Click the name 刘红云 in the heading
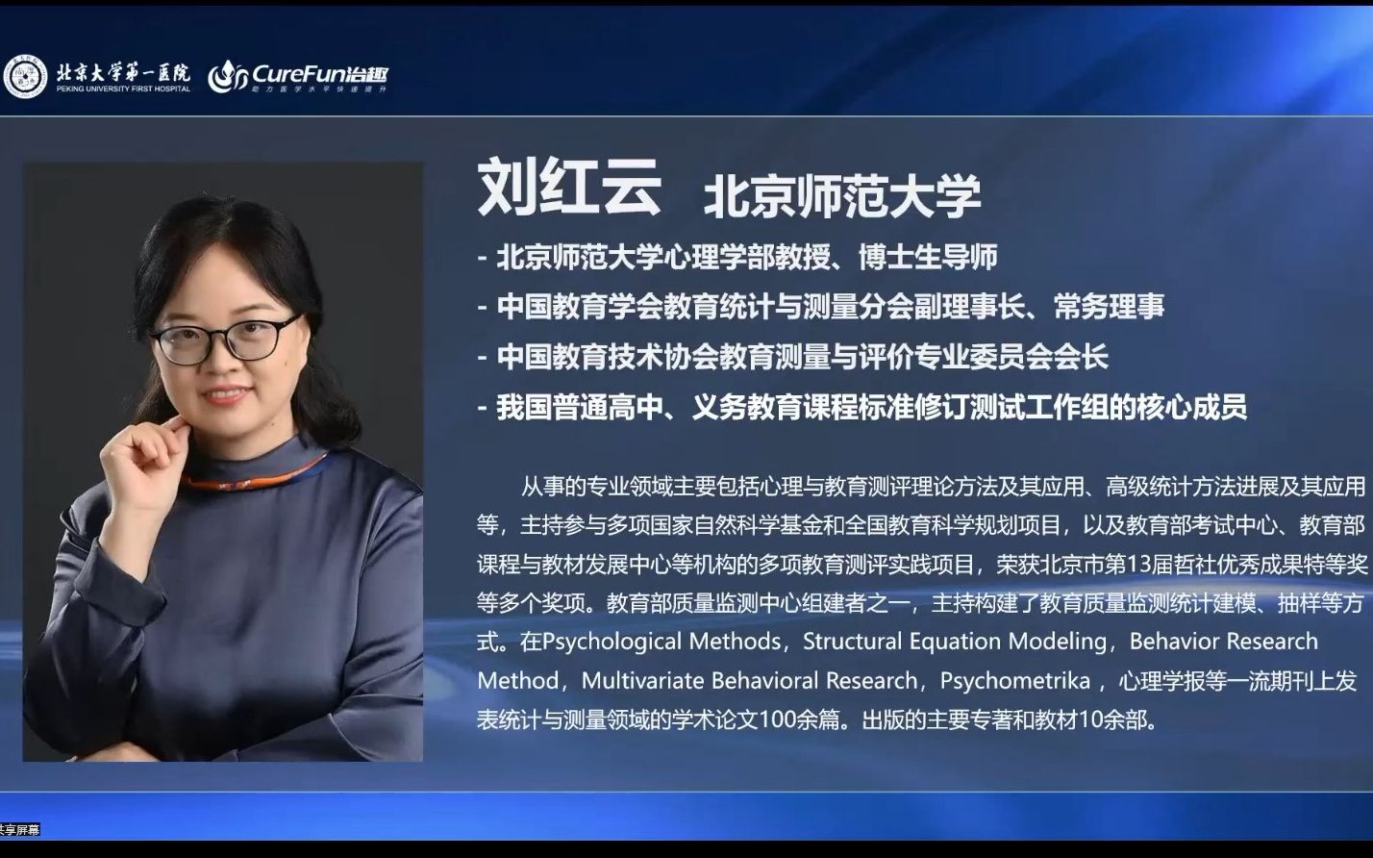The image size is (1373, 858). coord(569,188)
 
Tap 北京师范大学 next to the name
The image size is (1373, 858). coord(842,195)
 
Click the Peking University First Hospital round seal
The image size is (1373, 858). coord(25,77)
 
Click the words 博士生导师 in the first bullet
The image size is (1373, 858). coord(928,257)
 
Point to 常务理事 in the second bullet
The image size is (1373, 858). coord(1109,307)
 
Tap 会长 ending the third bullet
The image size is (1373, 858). coord(1081,358)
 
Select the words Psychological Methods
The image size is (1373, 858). coord(662,642)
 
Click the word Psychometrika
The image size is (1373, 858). coord(1014,681)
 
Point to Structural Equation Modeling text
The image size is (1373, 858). coord(955,642)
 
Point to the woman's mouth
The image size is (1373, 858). coord(223,394)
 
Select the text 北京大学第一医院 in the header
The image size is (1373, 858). coord(122,72)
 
